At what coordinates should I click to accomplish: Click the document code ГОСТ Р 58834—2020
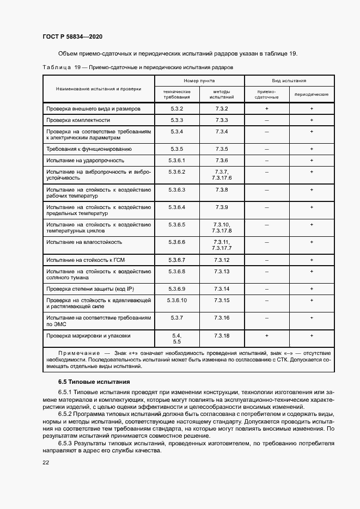click(72, 36)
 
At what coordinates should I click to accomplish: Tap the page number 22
click(46, 462)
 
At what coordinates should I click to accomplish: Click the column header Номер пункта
click(199, 80)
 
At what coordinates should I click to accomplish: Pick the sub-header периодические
click(311, 94)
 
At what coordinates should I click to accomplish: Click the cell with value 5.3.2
click(176, 109)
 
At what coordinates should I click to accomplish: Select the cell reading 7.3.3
click(221, 120)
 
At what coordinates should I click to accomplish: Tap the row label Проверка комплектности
click(78, 120)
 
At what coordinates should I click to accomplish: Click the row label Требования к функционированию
click(89, 149)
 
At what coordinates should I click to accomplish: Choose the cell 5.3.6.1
click(178, 161)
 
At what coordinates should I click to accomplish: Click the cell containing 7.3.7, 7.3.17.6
click(222, 175)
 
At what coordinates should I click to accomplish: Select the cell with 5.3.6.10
click(178, 301)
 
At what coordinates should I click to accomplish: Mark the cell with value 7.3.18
click(222, 336)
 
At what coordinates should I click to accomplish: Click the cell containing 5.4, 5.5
click(176, 339)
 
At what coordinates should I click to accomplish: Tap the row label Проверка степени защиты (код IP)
click(91, 289)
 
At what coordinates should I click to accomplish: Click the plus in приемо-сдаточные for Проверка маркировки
click(266, 336)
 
